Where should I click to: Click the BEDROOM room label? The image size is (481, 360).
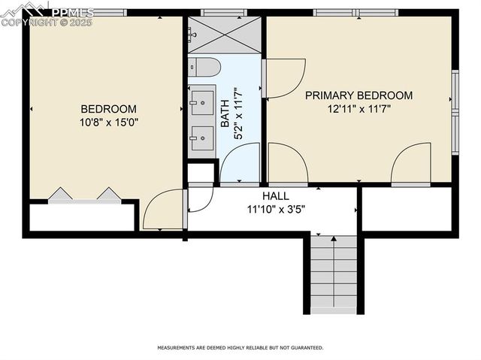click(108, 108)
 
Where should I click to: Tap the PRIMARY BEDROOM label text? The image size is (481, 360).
click(358, 95)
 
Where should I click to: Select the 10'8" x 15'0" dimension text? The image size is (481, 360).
click(108, 122)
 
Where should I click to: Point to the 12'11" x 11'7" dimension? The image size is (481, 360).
click(358, 108)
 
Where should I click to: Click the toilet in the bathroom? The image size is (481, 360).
click(202, 67)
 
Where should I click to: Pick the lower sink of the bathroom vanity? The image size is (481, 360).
click(201, 138)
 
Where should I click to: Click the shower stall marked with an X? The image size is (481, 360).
click(224, 34)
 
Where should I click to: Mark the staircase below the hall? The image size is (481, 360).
click(334, 274)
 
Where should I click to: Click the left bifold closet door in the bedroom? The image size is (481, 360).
click(60, 195)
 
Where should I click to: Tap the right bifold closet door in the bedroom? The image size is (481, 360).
click(108, 195)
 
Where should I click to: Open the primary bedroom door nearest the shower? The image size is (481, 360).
click(283, 77)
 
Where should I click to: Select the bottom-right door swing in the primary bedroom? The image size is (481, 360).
click(410, 164)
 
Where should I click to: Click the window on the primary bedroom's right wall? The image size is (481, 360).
click(455, 113)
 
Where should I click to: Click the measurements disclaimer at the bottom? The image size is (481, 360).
click(240, 348)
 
